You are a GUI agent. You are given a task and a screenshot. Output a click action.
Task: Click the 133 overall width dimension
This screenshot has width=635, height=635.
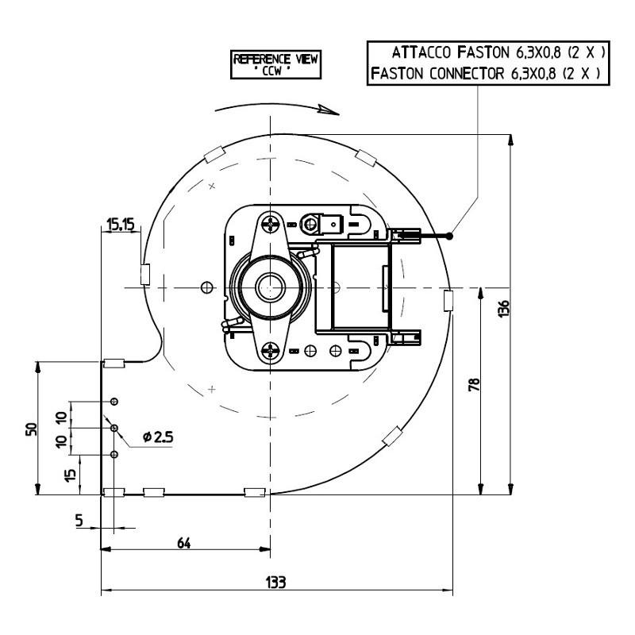[x=275, y=582]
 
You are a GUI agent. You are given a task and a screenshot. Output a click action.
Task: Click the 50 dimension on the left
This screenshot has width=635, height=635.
[x=30, y=429]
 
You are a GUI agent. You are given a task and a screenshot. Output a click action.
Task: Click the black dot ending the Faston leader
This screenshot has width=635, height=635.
[x=450, y=236]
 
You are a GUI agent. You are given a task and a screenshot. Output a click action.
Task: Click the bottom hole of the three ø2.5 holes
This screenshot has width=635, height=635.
[x=114, y=455]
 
